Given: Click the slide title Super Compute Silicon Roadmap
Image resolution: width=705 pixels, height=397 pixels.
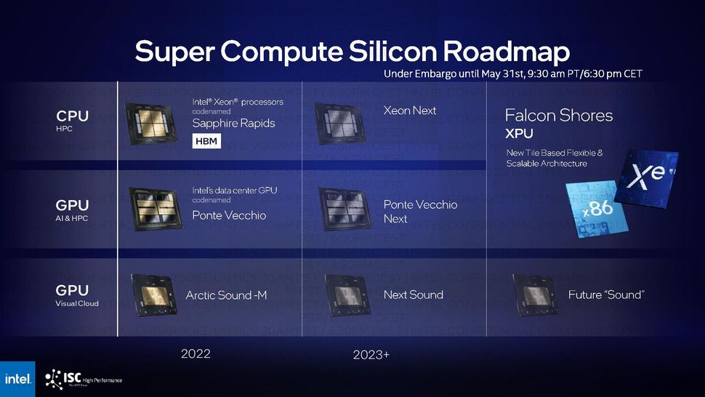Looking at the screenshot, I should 352,52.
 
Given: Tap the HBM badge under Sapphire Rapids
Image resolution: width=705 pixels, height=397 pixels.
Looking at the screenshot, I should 206,141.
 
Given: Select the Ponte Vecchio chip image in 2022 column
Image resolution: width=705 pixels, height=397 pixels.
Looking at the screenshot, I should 152,207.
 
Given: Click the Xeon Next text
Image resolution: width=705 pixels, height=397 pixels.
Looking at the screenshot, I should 410,111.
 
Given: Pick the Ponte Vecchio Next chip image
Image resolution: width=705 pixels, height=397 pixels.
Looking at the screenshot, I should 345,209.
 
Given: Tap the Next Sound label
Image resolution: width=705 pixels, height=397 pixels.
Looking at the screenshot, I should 413,295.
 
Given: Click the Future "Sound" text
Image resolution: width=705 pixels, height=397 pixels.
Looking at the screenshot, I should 606,295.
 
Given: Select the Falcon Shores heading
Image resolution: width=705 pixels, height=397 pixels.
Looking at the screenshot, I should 559,116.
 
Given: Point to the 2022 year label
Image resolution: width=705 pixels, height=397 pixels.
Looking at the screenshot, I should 196,354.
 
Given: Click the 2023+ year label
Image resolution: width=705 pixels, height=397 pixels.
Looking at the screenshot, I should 371,355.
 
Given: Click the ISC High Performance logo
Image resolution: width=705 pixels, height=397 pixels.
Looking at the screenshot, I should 83,379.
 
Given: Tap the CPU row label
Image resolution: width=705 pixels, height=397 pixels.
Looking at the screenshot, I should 72,116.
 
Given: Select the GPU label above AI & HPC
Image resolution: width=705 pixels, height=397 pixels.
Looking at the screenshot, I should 72,206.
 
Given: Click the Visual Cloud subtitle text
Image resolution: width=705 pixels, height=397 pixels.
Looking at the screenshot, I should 77,304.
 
